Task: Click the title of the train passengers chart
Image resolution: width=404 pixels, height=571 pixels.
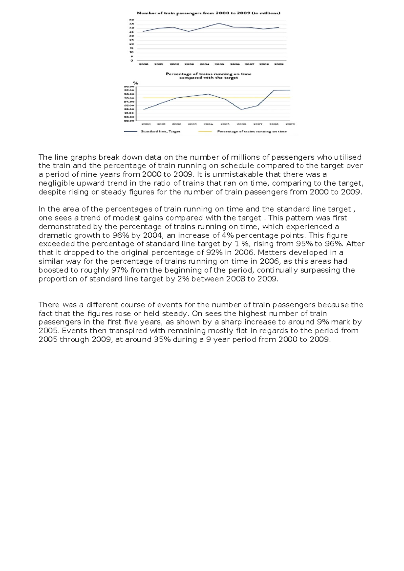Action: point(208,13)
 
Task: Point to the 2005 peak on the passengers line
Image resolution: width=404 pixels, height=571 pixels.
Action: point(219,23)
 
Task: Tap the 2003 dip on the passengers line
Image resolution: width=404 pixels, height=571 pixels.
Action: point(189,31)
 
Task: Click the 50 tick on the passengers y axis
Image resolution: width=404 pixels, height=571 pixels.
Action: point(132,20)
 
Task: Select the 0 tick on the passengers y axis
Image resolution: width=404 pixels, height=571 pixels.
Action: point(132,61)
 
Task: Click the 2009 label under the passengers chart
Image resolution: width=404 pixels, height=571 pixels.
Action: point(279,64)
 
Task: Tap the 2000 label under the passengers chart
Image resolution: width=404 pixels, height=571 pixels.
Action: point(144,64)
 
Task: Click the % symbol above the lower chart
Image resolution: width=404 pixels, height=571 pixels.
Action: point(136,83)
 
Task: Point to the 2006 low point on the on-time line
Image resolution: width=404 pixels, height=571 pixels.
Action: point(241,109)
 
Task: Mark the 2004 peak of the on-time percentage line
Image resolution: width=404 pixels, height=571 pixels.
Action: point(209,94)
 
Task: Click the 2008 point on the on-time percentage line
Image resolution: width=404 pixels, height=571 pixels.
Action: point(273,91)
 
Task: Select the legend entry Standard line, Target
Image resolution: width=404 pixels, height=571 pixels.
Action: point(160,132)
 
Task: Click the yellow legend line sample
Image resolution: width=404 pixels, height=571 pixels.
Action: point(205,132)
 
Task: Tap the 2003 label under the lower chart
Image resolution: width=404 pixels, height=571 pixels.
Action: point(192,124)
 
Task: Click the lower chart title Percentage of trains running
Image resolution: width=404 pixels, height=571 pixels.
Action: point(208,74)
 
